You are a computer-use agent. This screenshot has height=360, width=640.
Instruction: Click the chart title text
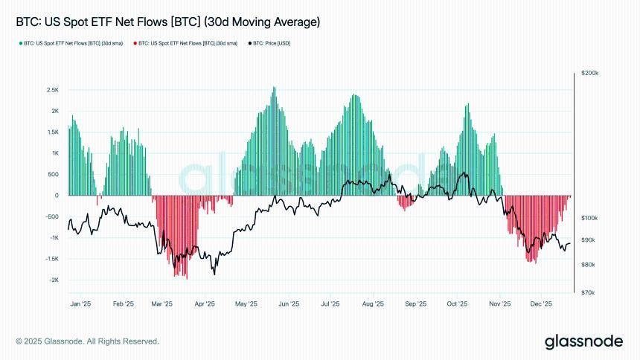click(x=167, y=22)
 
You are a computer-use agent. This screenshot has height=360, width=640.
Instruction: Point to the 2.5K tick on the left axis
click(x=53, y=90)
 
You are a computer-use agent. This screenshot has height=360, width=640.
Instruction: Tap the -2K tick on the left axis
click(x=54, y=280)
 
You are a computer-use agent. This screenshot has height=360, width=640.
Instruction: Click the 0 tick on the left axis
click(x=57, y=196)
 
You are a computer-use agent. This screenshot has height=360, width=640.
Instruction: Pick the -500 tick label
click(x=52, y=217)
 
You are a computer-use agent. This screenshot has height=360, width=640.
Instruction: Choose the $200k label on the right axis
click(x=591, y=74)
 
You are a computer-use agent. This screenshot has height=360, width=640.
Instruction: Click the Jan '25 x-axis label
click(x=80, y=303)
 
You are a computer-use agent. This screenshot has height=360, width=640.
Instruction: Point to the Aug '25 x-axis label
click(x=373, y=303)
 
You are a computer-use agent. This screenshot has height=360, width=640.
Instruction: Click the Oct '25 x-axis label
click(x=458, y=303)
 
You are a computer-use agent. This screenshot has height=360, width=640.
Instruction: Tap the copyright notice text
click(x=87, y=341)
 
